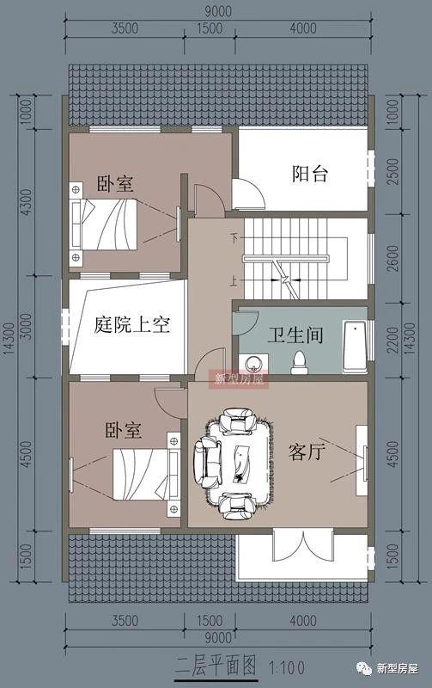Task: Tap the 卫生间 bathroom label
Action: pyautogui.click(x=295, y=335)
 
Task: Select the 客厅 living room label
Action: pyautogui.click(x=306, y=451)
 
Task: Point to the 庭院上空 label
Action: pyautogui.click(x=132, y=326)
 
